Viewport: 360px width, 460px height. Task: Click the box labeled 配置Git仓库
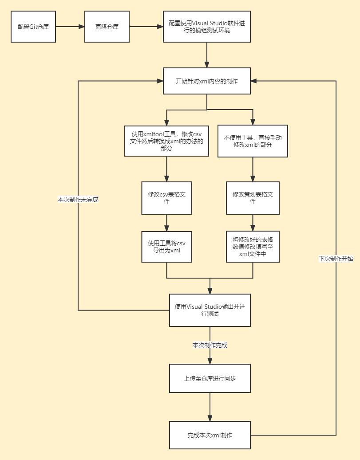[33, 27]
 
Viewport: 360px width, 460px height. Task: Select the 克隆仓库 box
[107, 27]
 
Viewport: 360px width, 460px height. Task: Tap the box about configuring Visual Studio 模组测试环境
[206, 27]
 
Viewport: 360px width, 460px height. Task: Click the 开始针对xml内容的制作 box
[206, 81]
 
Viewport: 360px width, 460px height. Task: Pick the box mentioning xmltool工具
[166, 141]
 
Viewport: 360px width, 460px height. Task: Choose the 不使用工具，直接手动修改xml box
[253, 141]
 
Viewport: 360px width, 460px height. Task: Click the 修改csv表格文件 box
[166, 198]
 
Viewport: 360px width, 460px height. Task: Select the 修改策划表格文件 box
[253, 198]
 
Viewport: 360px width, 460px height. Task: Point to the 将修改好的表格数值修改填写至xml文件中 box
[253, 247]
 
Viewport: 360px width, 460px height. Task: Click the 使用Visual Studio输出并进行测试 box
[210, 310]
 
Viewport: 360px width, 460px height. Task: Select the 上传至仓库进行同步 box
[210, 378]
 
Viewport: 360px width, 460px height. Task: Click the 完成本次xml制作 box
[210, 435]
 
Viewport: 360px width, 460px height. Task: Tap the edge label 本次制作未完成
[78, 200]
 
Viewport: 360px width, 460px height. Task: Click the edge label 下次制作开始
[336, 259]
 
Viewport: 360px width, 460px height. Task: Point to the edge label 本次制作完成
[210, 345]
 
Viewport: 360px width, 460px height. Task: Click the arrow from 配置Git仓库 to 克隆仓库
[70, 27]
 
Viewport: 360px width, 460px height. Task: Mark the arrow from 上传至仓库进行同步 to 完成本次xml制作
[210, 407]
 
